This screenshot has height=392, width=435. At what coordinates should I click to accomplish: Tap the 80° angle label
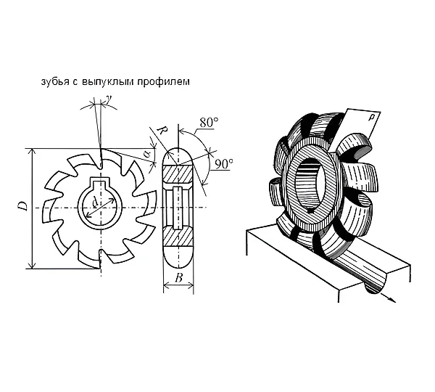click(x=209, y=123)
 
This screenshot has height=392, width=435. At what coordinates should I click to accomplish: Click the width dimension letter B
click(x=179, y=277)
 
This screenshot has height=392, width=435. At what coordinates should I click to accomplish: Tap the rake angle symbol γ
click(x=109, y=99)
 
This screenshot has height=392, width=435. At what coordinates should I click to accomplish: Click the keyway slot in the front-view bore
click(x=100, y=184)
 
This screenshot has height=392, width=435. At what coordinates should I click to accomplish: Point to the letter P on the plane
click(x=370, y=118)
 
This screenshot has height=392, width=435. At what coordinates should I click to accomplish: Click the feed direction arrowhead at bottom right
click(x=391, y=300)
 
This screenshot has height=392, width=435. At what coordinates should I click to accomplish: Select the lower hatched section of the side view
click(x=178, y=236)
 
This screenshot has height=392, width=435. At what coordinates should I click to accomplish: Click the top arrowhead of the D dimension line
click(x=33, y=152)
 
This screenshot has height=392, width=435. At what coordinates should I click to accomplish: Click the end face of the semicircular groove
click(x=375, y=283)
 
